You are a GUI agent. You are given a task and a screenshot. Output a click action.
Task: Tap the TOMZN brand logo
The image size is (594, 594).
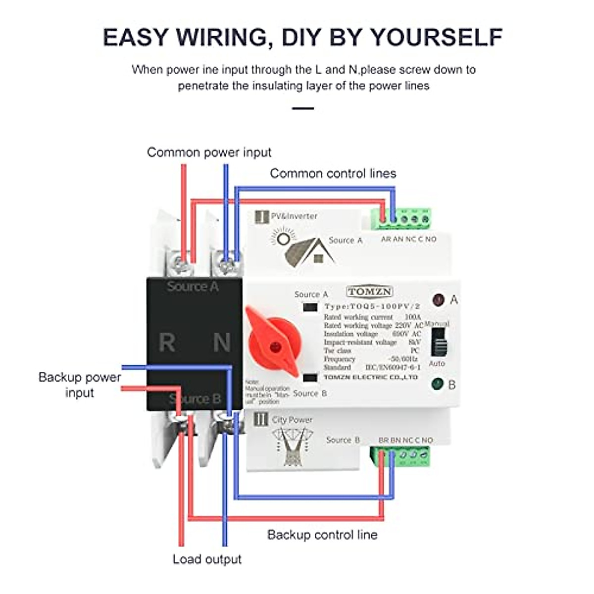tap(369, 292)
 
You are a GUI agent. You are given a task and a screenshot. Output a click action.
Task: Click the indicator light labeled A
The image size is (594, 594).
tap(438, 299)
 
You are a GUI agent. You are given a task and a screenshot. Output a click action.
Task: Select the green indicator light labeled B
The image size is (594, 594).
tap(437, 384)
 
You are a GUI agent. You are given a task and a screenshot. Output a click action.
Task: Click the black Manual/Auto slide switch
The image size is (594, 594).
tap(438, 342)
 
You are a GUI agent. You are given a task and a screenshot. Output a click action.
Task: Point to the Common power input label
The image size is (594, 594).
tap(209, 152)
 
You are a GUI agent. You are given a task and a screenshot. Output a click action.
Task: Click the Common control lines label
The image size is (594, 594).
tap(333, 173)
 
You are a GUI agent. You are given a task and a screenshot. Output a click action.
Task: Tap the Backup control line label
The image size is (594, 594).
tap(322, 535)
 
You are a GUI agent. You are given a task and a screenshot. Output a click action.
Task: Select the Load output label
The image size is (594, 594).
tap(207, 559)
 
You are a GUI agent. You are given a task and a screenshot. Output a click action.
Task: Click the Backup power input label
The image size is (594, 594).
tap(79, 385)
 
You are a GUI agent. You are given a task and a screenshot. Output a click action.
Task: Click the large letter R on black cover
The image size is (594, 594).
tap(167, 343)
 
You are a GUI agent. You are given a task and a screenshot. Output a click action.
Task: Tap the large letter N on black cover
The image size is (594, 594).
tap(221, 343)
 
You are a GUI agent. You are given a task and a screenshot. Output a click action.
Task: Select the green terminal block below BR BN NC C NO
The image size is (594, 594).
tap(401, 456)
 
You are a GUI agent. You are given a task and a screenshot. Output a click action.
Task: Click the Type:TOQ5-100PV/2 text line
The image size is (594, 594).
tap(372, 306)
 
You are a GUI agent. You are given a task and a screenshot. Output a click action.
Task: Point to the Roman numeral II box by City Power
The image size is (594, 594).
tap(260, 420)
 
